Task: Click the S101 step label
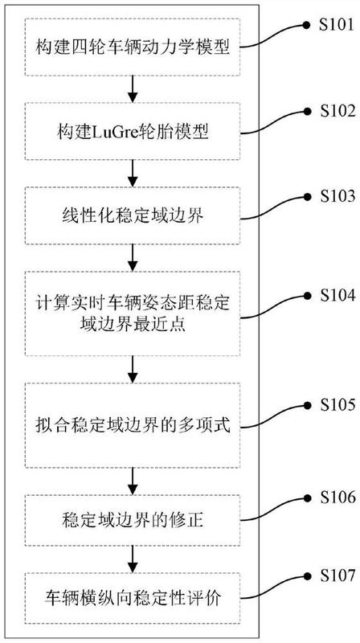click(x=337, y=25)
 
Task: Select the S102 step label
click(x=337, y=111)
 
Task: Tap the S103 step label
click(x=337, y=197)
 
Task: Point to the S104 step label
click(x=337, y=296)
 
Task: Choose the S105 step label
click(x=337, y=406)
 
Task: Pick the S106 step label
click(x=337, y=498)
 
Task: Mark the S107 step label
click(x=337, y=575)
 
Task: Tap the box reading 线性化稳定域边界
click(x=133, y=216)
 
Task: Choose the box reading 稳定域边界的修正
click(x=133, y=521)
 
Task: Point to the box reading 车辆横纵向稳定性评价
click(x=133, y=598)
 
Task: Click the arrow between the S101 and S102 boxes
click(x=132, y=89)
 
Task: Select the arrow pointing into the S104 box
click(x=132, y=258)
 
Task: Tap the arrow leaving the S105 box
click(x=132, y=481)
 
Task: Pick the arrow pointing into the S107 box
click(x=132, y=559)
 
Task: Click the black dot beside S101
click(x=306, y=26)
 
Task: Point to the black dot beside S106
click(x=306, y=498)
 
